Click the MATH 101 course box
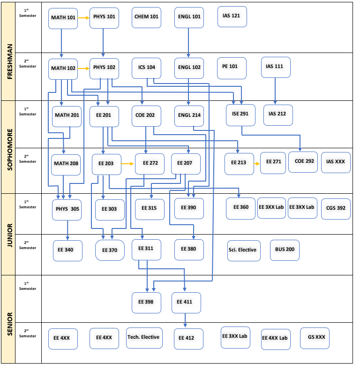tap(63, 18)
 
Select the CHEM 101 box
tap(146, 17)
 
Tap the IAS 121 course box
tap(232, 16)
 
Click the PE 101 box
tap(231, 67)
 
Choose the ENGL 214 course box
tap(189, 115)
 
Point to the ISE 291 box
tap(240, 115)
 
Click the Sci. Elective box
tap(242, 250)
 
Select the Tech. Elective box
tap(144, 338)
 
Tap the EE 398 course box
tap(146, 303)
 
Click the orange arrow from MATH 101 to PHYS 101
tap(83, 18)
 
